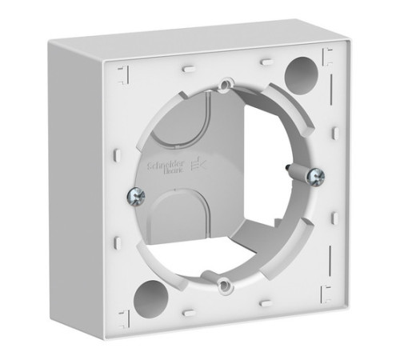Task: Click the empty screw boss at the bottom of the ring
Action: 221,279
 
